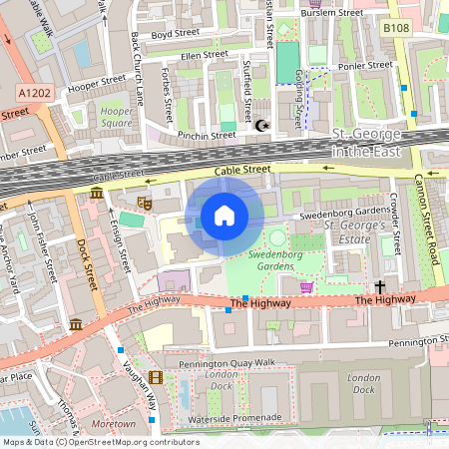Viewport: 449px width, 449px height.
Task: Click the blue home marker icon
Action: pos(224,216)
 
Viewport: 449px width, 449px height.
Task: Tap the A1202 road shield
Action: pos(34,91)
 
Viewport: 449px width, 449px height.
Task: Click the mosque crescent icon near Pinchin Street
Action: pos(262,126)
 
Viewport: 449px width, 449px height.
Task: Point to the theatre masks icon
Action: pos(144,202)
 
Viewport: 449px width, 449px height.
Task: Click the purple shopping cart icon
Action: pos(306,287)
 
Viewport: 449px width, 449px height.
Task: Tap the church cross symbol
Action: pos(380,286)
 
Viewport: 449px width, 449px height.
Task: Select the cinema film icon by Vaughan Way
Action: pos(155,377)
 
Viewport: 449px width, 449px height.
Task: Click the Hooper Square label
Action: pos(116,117)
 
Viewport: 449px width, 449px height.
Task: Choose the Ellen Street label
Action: pos(205,56)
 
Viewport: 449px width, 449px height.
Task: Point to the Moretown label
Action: pos(113,425)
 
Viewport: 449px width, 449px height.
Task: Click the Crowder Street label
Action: pos(395,220)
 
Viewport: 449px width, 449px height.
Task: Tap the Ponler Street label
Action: pos(364,66)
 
